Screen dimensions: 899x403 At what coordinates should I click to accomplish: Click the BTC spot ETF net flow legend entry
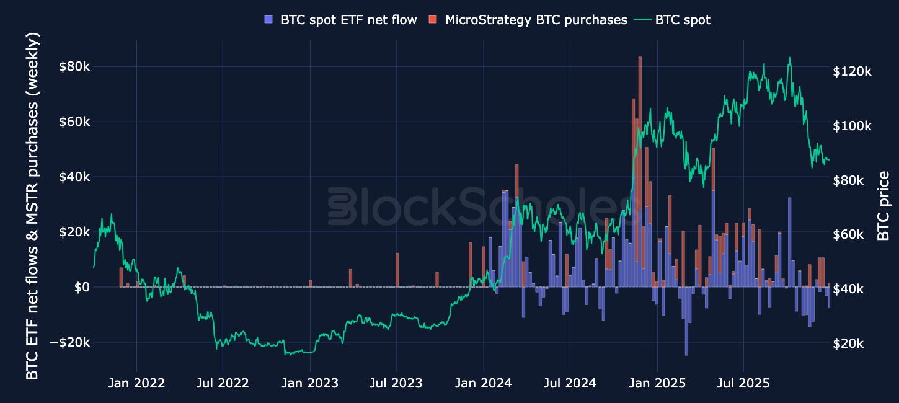pos(341,20)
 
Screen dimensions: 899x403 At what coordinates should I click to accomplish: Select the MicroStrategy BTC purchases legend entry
pos(528,20)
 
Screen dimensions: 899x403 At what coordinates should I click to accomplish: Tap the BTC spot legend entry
pos(673,20)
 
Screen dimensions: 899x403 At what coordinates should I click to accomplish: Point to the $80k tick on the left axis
pos(74,66)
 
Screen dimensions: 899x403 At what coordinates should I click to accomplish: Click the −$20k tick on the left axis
pos(70,342)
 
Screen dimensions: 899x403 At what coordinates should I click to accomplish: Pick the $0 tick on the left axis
pos(82,287)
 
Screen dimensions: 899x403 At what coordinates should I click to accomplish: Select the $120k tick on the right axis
pos(852,71)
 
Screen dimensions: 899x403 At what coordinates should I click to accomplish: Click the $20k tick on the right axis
pos(848,343)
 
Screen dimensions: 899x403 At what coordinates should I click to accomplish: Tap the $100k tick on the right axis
pos(852,126)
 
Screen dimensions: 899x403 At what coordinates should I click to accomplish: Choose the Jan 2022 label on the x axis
pos(136,383)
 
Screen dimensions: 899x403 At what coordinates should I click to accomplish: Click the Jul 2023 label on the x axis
pos(396,383)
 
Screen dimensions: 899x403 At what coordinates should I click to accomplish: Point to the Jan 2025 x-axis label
pos(657,383)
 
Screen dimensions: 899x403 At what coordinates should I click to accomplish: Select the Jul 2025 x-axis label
pos(743,383)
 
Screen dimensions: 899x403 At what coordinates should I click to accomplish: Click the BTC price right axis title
pos(883,206)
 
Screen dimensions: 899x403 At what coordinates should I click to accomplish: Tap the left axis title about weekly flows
pos(32,206)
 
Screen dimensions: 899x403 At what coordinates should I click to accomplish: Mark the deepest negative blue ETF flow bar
pos(686,321)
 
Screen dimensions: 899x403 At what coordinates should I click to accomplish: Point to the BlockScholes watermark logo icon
pos(342,206)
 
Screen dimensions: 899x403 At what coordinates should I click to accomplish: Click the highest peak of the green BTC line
pos(789,58)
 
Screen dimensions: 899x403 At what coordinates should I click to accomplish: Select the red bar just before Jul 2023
pos(397,270)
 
